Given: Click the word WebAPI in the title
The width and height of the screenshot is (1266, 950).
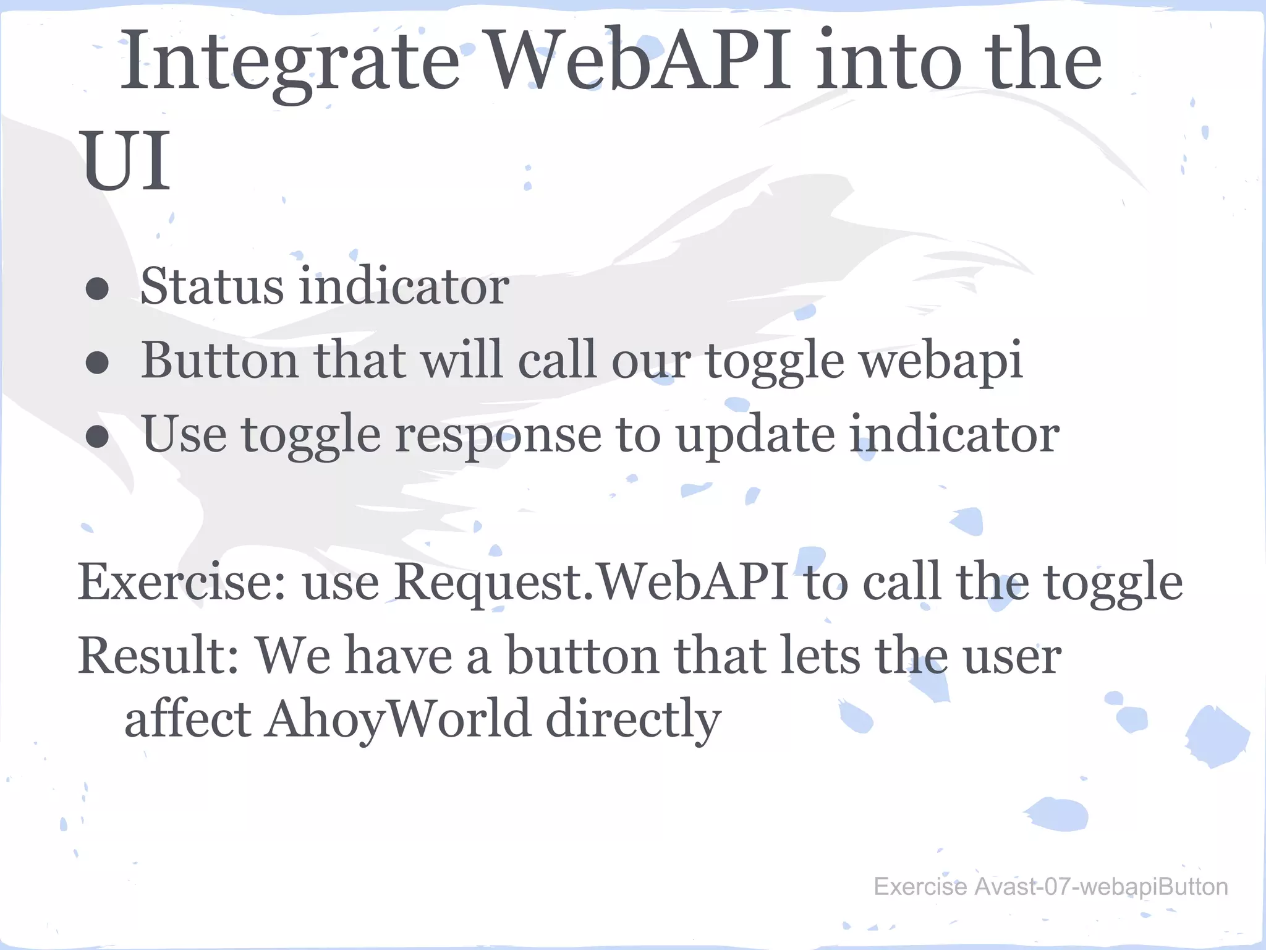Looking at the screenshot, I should pyautogui.click(x=640, y=62).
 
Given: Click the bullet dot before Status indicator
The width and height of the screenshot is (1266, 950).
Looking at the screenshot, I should pyautogui.click(x=98, y=289).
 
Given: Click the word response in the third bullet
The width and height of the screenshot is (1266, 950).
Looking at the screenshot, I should pyautogui.click(x=498, y=435).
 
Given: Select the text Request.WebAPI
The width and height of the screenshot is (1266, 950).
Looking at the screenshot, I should pyautogui.click(x=591, y=583).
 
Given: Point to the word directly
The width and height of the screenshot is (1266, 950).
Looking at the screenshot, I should pyautogui.click(x=634, y=720).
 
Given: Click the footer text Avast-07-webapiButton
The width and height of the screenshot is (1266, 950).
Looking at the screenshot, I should pyautogui.click(x=1101, y=887).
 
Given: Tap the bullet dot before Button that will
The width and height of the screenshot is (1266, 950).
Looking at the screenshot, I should pyautogui.click(x=98, y=364).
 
